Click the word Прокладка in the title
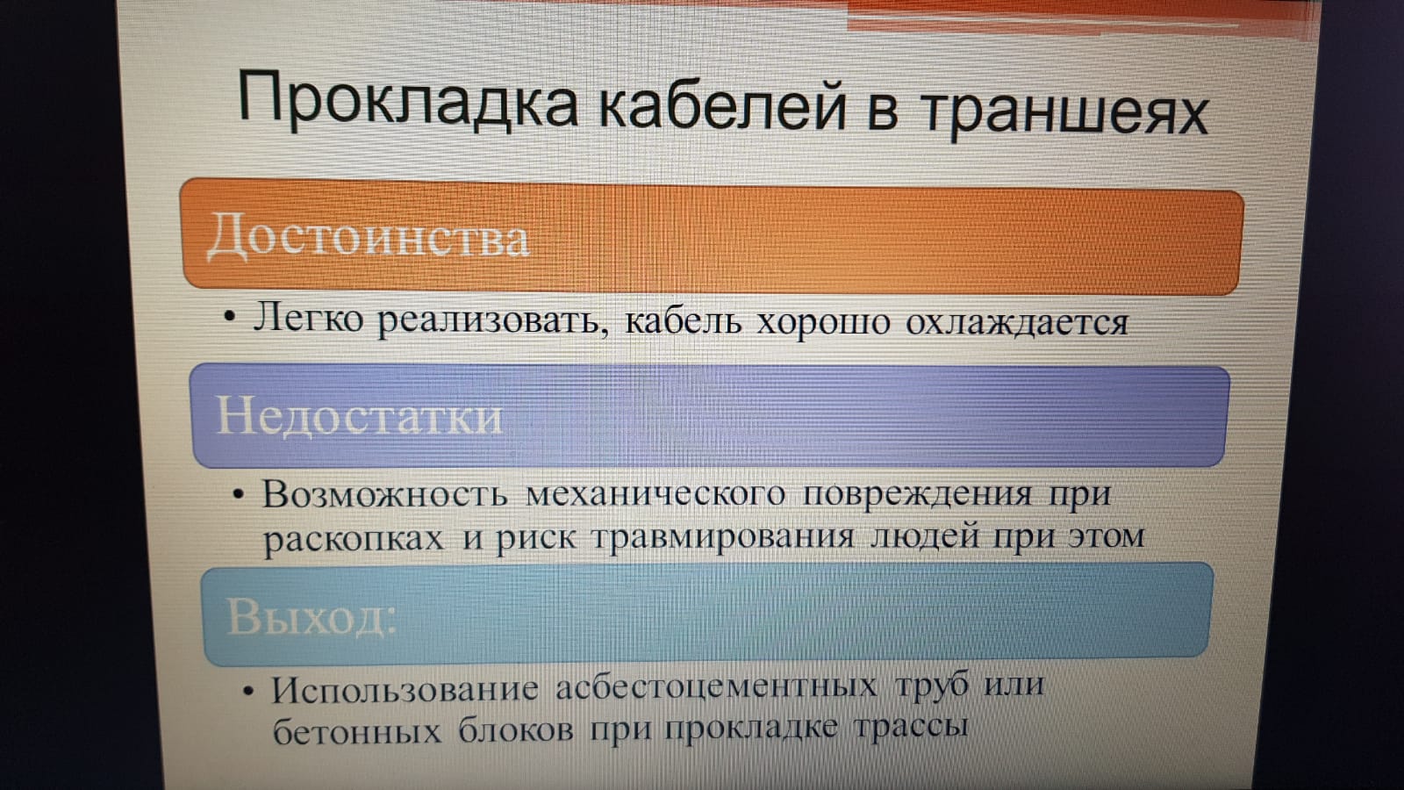click(408, 100)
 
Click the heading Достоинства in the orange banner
click(369, 236)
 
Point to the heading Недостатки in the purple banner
click(360, 416)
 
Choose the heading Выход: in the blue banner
click(312, 615)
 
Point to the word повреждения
click(917, 495)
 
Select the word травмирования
click(723, 537)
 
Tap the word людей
click(925, 538)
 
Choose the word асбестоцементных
click(716, 686)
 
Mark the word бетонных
click(357, 729)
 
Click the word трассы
click(911, 728)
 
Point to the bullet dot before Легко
click(230, 317)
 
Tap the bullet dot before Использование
click(249, 692)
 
